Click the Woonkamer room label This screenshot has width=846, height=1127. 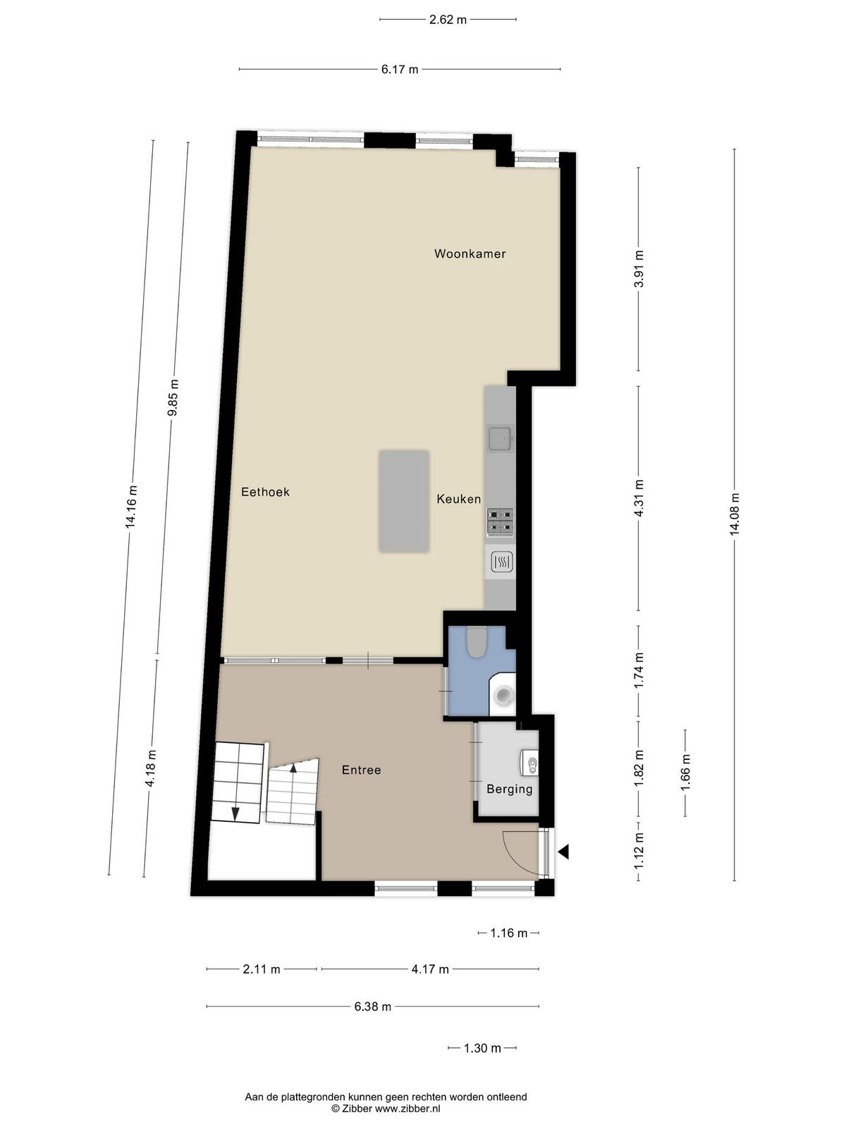point(470,254)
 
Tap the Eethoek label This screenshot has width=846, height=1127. point(265,492)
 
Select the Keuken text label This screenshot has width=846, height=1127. point(459,499)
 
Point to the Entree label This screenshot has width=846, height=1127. point(361,770)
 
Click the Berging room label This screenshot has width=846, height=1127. point(509,789)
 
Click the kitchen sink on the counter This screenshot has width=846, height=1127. point(501,437)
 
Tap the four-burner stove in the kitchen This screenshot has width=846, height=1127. point(500,522)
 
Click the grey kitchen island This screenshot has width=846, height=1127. point(404,501)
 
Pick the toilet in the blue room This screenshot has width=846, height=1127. point(476,642)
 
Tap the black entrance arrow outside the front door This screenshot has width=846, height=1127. point(563,852)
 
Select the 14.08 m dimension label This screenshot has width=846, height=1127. point(735,514)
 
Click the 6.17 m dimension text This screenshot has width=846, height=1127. point(400,69)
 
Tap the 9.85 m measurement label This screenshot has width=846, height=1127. point(174,398)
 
